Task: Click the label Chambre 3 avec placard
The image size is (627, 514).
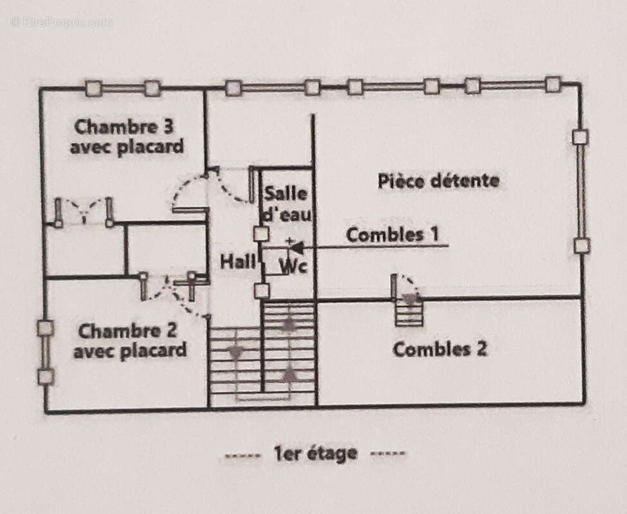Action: point(127,136)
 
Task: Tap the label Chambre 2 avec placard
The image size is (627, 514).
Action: point(129,341)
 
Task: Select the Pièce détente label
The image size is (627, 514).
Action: point(438,181)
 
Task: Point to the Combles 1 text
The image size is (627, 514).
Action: point(394,235)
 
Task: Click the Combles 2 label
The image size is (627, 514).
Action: point(439,350)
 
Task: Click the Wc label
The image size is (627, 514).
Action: point(293,265)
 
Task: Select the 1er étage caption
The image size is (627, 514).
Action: point(315,454)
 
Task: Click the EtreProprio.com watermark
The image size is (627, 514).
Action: point(62,22)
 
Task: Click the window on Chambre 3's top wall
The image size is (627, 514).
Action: point(123,88)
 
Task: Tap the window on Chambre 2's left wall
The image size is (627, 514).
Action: point(45,352)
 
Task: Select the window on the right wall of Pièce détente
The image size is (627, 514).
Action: point(581,191)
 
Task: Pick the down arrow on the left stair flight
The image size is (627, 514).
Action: point(235,352)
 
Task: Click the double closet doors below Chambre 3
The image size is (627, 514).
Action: point(84,211)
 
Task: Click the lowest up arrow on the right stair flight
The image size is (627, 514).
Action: point(290,373)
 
